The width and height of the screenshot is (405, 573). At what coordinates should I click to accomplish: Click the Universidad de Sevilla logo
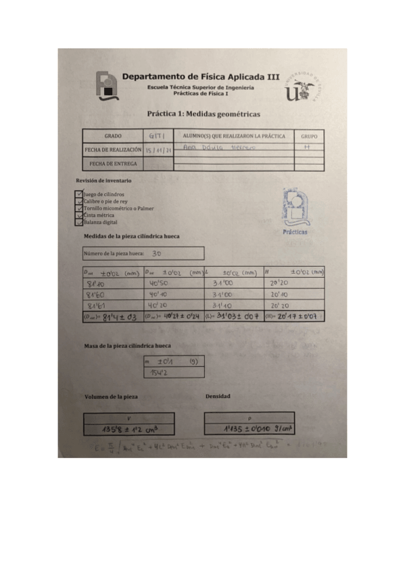click(302, 89)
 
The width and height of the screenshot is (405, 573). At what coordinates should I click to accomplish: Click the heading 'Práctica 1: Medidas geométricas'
click(203, 114)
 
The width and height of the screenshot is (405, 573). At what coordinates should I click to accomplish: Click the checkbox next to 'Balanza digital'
click(80, 222)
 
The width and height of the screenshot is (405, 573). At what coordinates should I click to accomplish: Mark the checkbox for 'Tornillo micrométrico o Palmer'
click(80, 208)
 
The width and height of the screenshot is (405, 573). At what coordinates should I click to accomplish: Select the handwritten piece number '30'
click(157, 253)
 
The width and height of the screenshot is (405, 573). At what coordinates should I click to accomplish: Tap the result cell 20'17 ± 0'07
click(293, 316)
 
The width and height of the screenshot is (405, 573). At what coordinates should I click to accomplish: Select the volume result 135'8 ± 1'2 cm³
click(128, 428)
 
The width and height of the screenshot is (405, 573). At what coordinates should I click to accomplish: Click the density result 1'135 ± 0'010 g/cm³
click(249, 428)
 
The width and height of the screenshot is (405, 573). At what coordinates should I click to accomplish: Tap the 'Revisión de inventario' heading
click(103, 181)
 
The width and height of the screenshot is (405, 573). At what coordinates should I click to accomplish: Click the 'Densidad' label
click(218, 396)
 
